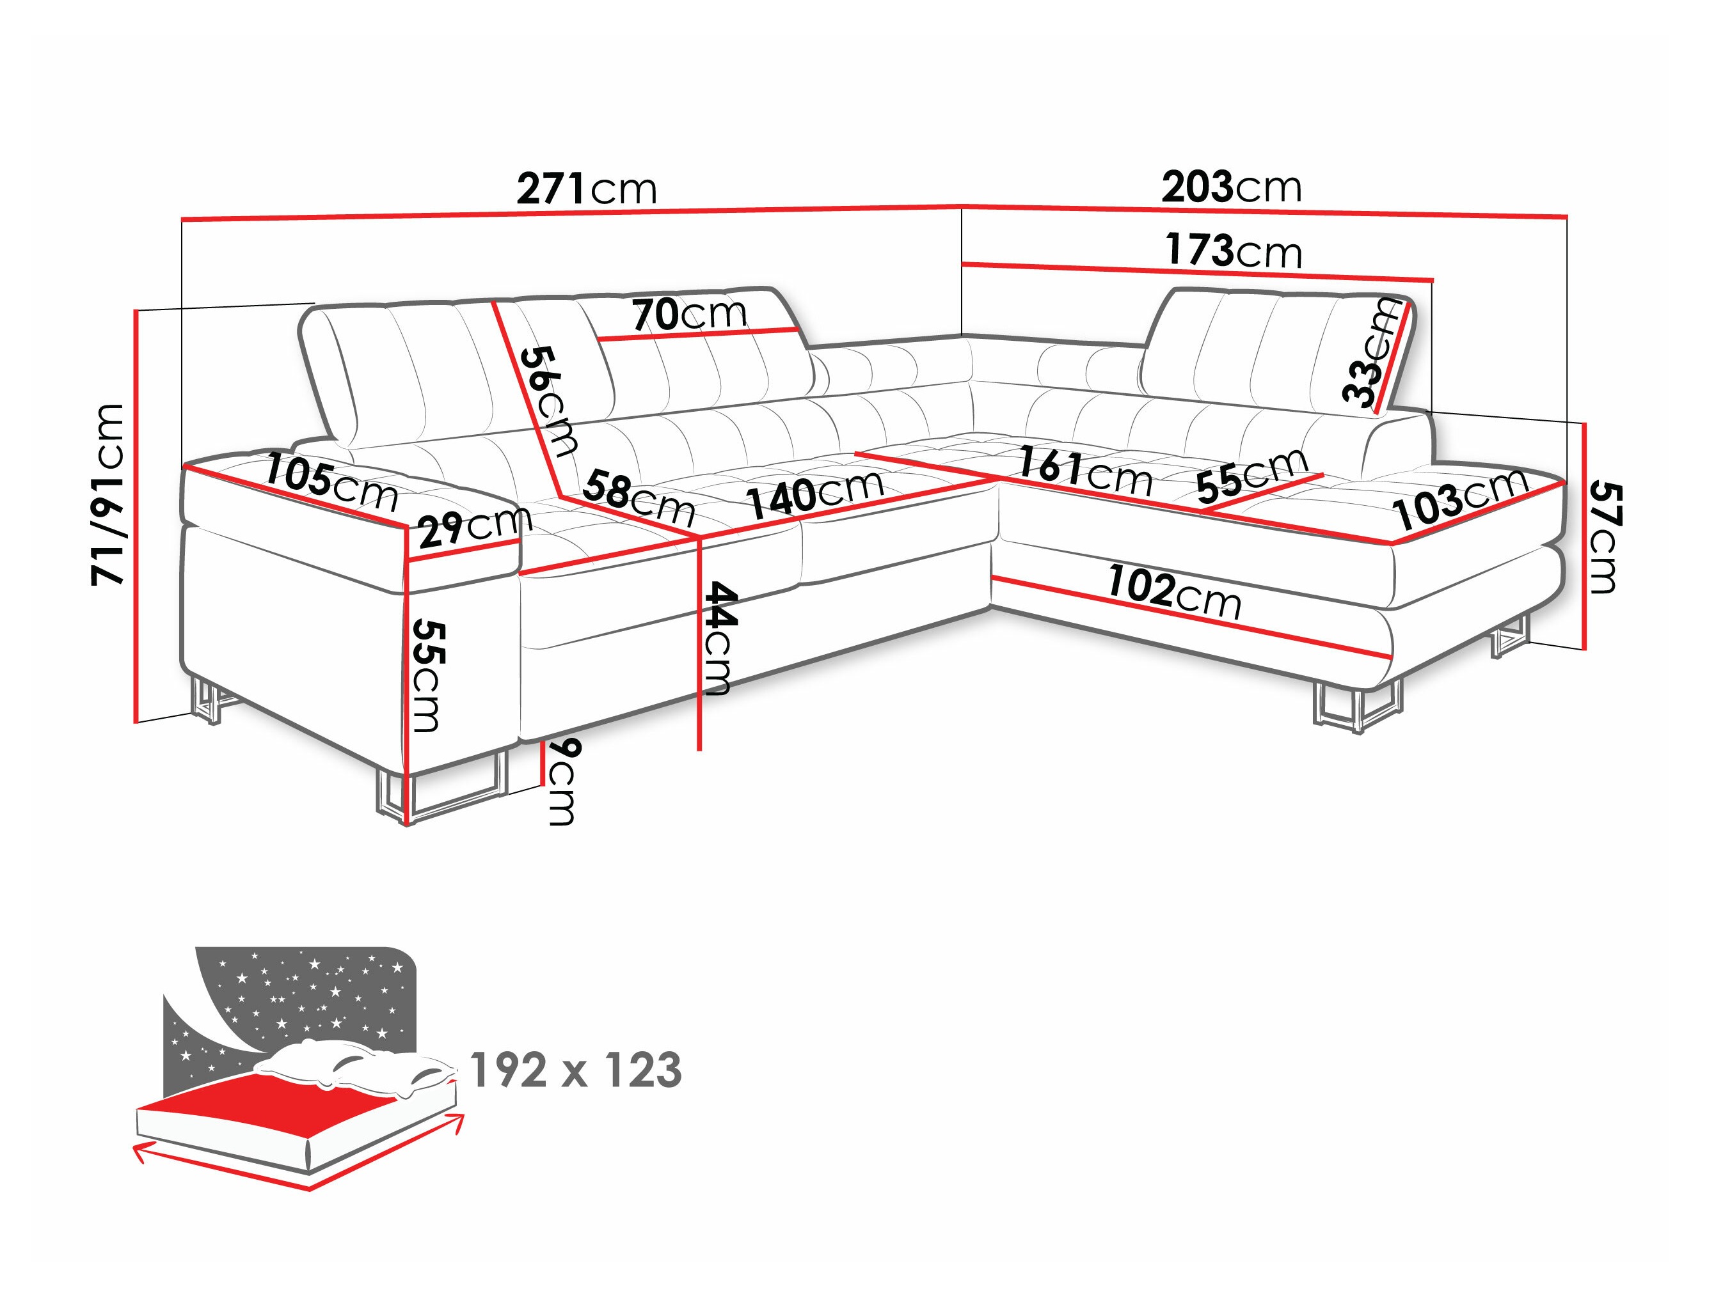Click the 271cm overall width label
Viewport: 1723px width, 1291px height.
pyautogui.click(x=587, y=189)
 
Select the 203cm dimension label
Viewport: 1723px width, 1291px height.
pyautogui.click(x=1232, y=187)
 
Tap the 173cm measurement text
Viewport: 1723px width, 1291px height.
pyautogui.click(x=1234, y=251)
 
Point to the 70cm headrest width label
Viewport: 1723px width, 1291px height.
pyautogui.click(x=689, y=314)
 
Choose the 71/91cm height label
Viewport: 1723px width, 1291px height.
pyautogui.click(x=107, y=495)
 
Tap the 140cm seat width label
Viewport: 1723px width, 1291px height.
pyautogui.click(x=816, y=494)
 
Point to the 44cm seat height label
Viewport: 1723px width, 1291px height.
pyautogui.click(x=716, y=639)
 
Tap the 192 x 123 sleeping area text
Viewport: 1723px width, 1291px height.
pyautogui.click(x=576, y=1070)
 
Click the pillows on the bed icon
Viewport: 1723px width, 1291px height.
pyautogui.click(x=351, y=1063)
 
